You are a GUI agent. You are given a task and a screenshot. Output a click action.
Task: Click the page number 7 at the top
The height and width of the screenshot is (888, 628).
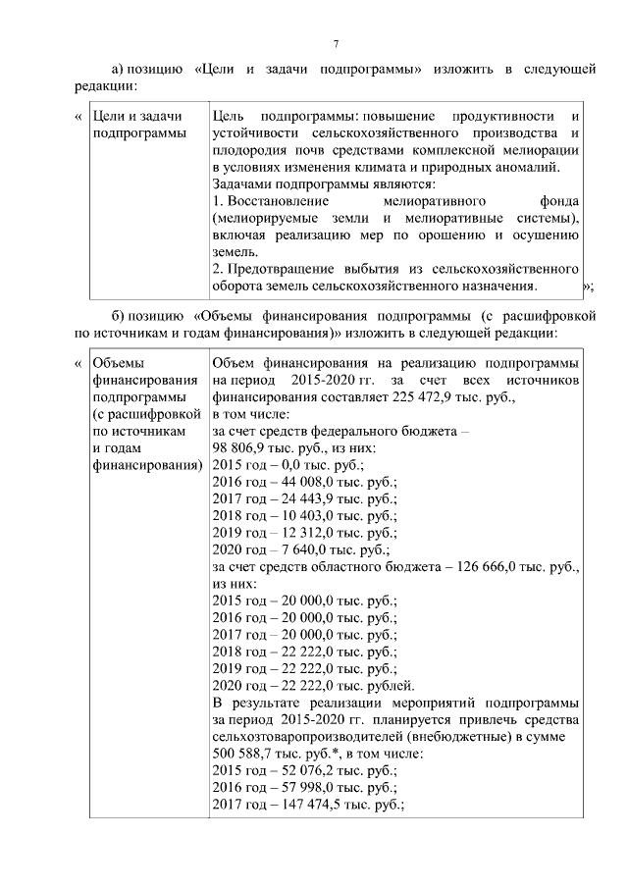click(336, 44)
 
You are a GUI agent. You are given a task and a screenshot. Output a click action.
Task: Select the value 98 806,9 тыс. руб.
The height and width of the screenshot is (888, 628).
click(265, 446)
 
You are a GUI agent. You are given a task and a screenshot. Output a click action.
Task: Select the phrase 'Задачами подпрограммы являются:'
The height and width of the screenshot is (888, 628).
click(324, 184)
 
